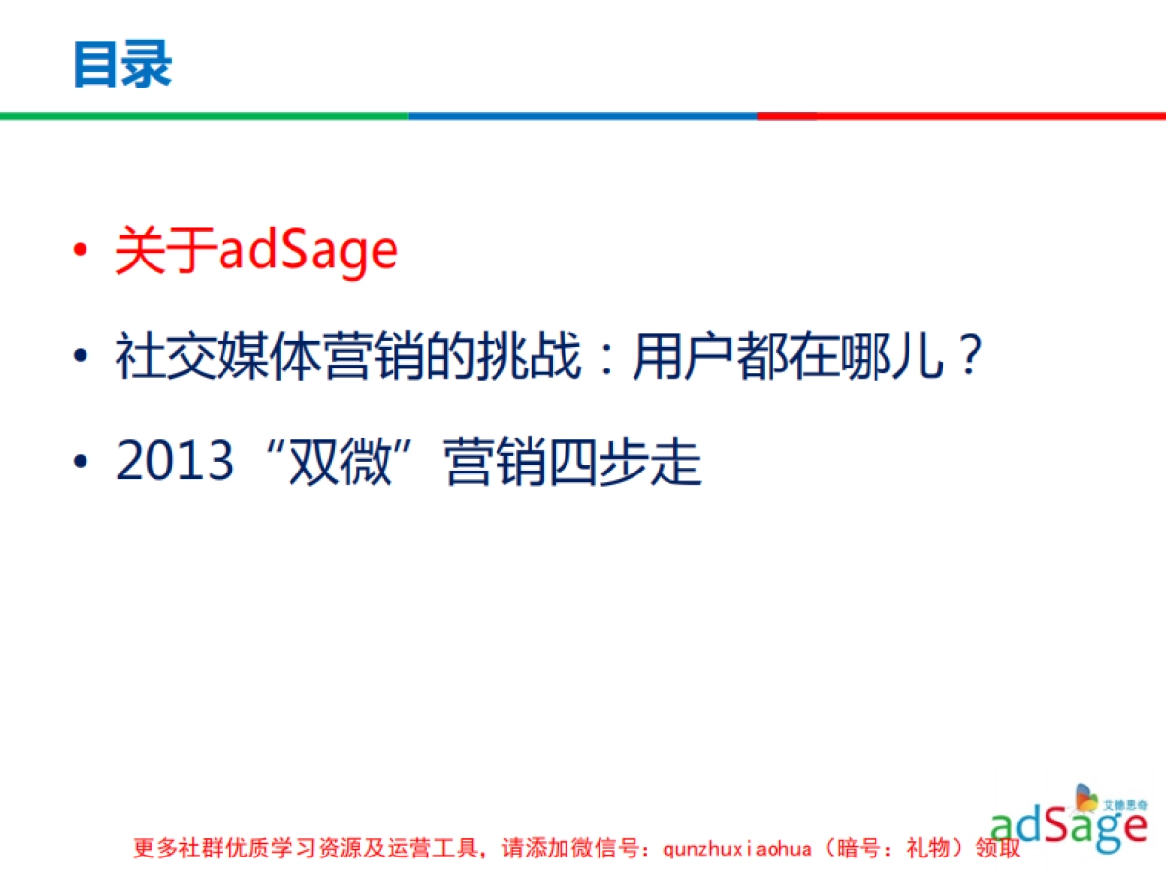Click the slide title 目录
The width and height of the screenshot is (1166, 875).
pyautogui.click(x=122, y=64)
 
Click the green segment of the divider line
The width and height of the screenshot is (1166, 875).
pyautogui.click(x=204, y=116)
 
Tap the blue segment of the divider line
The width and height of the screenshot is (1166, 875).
pyautogui.click(x=583, y=116)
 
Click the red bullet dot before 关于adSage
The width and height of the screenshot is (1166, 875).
pyautogui.click(x=84, y=253)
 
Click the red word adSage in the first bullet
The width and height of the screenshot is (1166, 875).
pyautogui.click(x=308, y=251)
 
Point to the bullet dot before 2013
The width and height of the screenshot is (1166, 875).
pyautogui.click(x=84, y=464)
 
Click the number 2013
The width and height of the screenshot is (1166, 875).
pyautogui.click(x=175, y=461)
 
